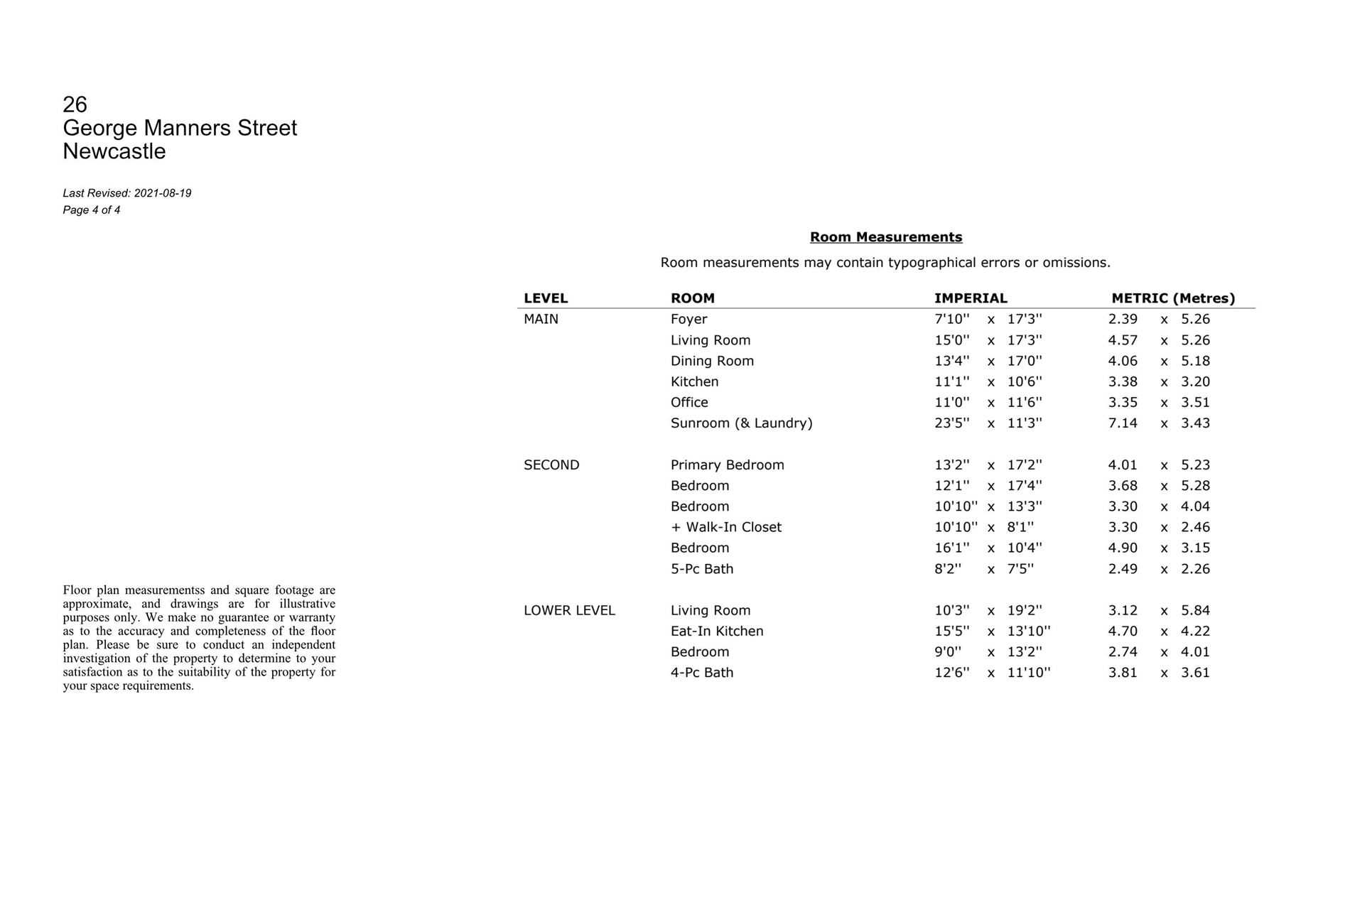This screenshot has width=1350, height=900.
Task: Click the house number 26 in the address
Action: pos(75,104)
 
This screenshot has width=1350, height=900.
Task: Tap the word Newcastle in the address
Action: pos(114,151)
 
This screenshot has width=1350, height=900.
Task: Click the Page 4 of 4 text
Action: pos(91,210)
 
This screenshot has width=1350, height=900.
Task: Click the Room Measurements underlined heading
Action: pos(885,237)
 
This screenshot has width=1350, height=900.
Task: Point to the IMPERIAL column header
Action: pos(970,298)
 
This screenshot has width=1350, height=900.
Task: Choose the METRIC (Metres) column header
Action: pos(1172,298)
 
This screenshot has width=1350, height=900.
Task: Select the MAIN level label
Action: pos(541,320)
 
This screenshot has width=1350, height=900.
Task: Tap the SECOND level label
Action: pos(551,465)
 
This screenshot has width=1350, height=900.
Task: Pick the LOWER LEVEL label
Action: pos(568,611)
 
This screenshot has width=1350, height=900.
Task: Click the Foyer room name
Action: pos(688,320)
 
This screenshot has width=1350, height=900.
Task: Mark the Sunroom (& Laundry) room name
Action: pos(741,423)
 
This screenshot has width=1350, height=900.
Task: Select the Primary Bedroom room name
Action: pos(727,465)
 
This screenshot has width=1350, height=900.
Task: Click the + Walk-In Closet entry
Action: pos(725,527)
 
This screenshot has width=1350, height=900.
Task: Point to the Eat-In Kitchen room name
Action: pos(716,631)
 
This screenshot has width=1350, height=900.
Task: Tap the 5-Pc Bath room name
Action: pos(701,569)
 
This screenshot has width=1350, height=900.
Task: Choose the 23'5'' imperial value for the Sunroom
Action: pos(951,423)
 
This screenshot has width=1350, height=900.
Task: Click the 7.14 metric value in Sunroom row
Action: pos(1122,423)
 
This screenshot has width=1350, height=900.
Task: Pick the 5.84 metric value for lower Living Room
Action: pos(1195,611)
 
